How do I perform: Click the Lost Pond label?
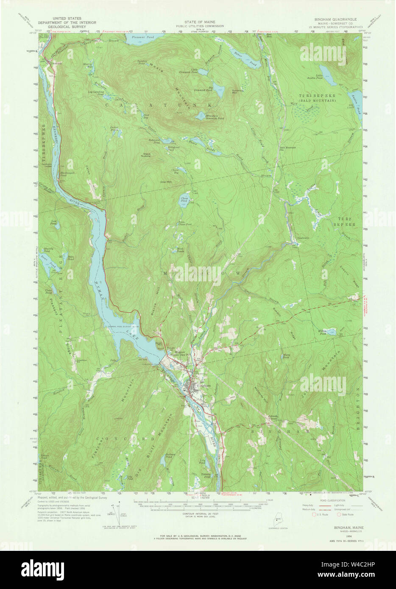[54, 222]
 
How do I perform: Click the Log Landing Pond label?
[96, 92]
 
